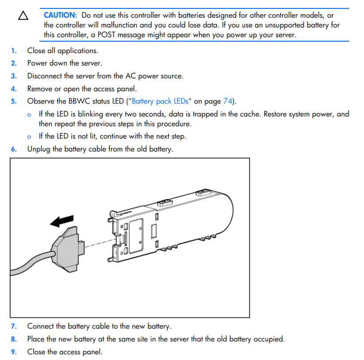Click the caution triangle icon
coord(23,16)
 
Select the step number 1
coord(13,50)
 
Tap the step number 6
coord(13,149)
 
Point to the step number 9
coord(13,352)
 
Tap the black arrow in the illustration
coord(62,221)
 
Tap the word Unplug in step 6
coord(38,149)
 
